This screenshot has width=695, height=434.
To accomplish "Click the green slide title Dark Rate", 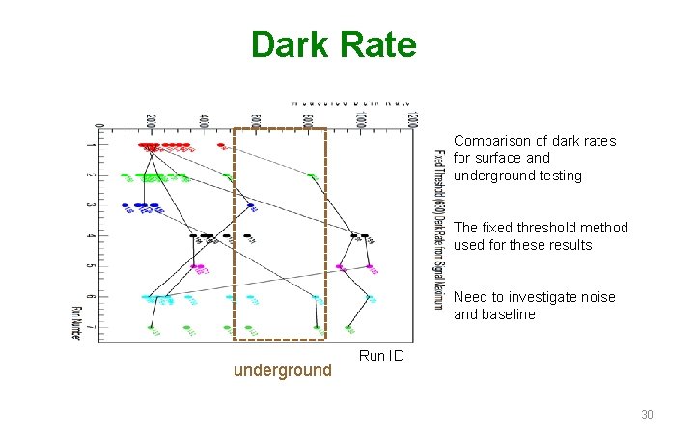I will pyautogui.click(x=333, y=44).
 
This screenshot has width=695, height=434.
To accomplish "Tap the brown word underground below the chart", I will pyautogui.click(x=283, y=370).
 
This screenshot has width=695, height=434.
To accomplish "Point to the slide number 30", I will pyautogui.click(x=647, y=415).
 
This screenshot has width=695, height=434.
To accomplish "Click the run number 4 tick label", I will pyautogui.click(x=90, y=235).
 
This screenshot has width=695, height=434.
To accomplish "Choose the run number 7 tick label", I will pyautogui.click(x=90, y=327).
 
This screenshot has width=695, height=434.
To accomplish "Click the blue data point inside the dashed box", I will pyautogui.click(x=251, y=206).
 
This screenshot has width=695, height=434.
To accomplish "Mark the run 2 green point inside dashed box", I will pyautogui.click(x=311, y=176).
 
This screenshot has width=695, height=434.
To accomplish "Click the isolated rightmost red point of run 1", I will pyautogui.click(x=221, y=147).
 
